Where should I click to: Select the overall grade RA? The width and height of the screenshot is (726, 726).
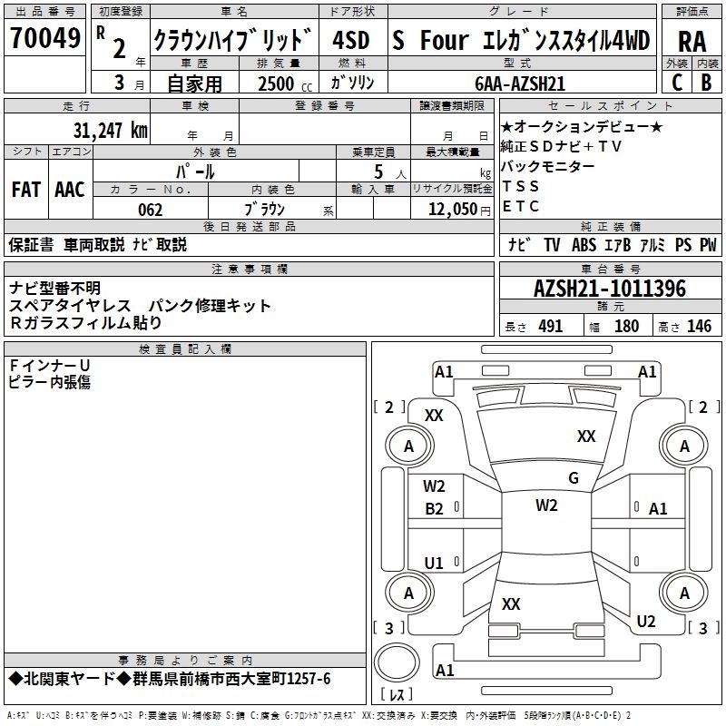pos(692,41)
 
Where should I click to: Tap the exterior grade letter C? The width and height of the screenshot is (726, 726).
pos(676,81)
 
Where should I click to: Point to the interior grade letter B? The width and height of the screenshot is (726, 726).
pos(706,81)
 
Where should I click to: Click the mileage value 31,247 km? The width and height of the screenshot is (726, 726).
pos(110,130)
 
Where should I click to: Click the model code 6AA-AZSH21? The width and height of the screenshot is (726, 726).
pos(520,83)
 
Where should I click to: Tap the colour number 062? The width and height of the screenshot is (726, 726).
pos(150,210)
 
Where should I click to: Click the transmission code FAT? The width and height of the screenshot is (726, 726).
pos(25,190)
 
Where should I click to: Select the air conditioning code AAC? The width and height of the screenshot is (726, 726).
pos(70,190)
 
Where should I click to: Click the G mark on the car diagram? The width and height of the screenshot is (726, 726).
pos(574,478)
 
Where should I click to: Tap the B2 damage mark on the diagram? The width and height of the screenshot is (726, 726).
pos(435,509)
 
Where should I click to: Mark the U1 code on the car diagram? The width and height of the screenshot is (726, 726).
pos(435,563)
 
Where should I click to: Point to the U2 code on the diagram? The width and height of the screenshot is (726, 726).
pos(646,622)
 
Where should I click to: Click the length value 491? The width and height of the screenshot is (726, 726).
pos(551,327)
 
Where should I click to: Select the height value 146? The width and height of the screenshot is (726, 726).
pos(699,327)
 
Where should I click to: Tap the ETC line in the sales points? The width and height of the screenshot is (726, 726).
pos(521,206)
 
